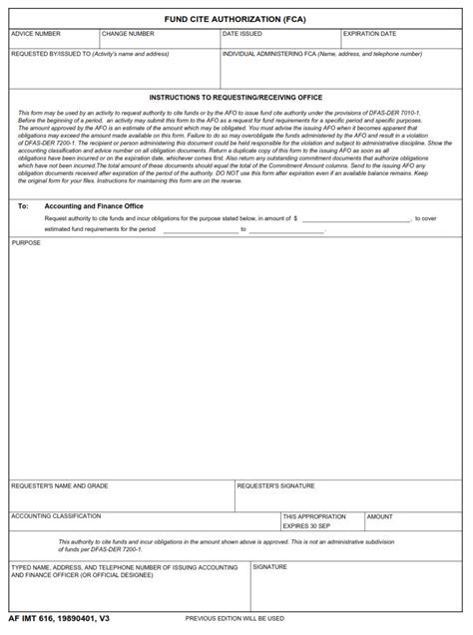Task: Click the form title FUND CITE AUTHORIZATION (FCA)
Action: click(x=236, y=18)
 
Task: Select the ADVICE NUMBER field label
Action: click(x=36, y=34)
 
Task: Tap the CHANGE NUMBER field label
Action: click(x=128, y=34)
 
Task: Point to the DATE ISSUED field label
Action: click(x=242, y=34)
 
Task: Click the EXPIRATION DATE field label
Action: click(x=369, y=34)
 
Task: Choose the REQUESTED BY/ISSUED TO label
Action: click(x=90, y=54)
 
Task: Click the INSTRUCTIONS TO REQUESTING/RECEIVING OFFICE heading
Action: click(x=236, y=98)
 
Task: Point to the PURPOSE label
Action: click(x=26, y=242)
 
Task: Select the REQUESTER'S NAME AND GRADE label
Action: click(x=60, y=486)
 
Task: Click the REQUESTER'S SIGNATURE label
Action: click(x=275, y=486)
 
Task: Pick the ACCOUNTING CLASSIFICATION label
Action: click(x=56, y=516)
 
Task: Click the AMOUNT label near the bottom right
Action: click(x=379, y=516)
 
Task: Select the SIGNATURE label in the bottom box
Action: click(x=269, y=566)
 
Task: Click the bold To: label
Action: click(x=23, y=205)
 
